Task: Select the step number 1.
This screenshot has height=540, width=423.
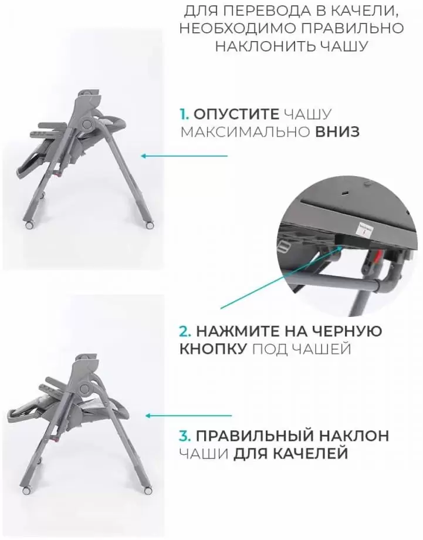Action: coord(184,114)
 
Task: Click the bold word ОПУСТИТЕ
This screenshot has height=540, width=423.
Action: coord(236,114)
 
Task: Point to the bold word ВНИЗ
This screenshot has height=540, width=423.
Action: coord(337,132)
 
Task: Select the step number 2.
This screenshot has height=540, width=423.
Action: coord(185,331)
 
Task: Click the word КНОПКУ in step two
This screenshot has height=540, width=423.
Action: coord(213,349)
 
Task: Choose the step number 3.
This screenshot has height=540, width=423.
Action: coord(185,436)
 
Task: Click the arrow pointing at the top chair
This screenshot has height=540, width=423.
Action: coord(184,156)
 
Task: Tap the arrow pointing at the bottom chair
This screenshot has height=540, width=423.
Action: coord(189,416)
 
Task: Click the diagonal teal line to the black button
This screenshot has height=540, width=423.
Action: coord(280,277)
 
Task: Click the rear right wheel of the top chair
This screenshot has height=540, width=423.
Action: coord(150,225)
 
